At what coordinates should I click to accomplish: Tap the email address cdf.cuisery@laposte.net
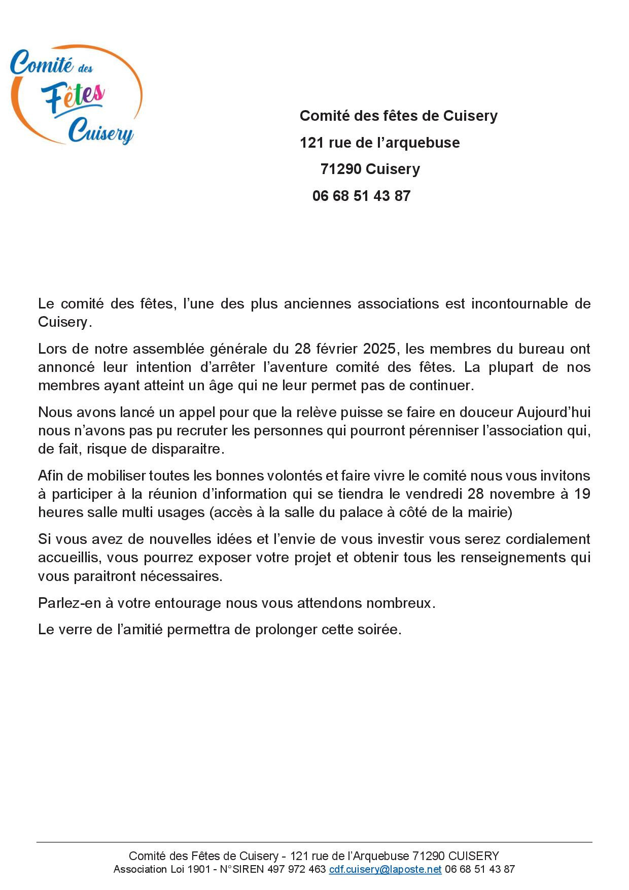click(x=386, y=869)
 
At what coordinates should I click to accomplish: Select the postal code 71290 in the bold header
click(x=340, y=169)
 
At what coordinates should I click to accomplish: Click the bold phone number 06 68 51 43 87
click(x=361, y=196)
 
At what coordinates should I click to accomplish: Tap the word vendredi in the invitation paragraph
click(x=435, y=494)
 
